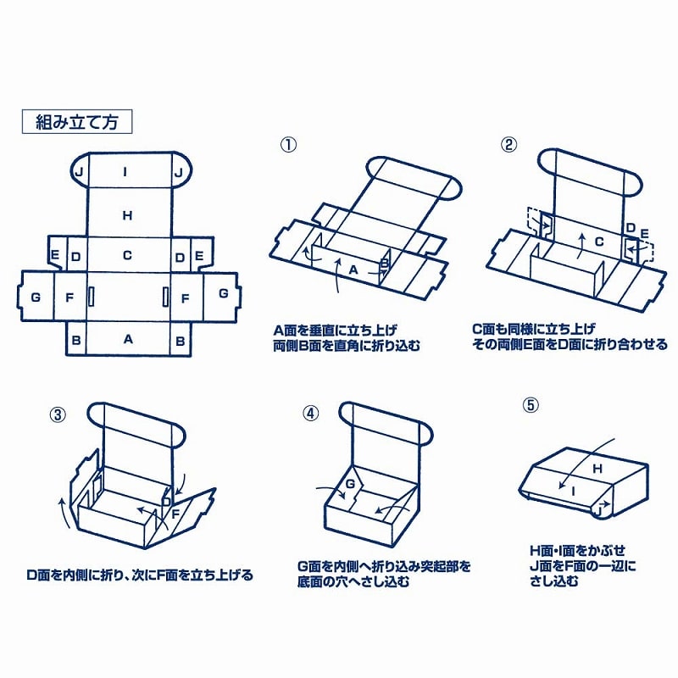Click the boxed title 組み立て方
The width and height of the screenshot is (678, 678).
click(76, 121)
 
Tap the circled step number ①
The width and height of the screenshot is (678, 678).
click(289, 144)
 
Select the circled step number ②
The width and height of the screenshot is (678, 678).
click(508, 144)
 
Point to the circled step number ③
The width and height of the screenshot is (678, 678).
click(58, 414)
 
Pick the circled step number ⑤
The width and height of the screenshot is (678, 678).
click(531, 404)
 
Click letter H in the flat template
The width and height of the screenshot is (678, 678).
click(127, 215)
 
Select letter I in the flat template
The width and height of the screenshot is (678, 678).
click(126, 172)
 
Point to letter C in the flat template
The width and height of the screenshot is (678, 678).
click(127, 254)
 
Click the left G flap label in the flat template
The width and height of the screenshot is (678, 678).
click(35, 297)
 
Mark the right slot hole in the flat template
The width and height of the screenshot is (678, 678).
click(164, 297)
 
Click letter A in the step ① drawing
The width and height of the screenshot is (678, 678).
click(353, 269)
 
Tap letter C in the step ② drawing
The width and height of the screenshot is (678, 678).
click(597, 242)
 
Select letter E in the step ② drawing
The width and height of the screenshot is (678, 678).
click(644, 233)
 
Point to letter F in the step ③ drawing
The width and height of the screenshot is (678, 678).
click(175, 514)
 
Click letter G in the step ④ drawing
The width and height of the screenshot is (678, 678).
click(347, 483)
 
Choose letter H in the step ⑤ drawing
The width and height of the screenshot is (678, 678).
click(596, 468)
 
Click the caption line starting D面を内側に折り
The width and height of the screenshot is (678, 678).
click(140, 575)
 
